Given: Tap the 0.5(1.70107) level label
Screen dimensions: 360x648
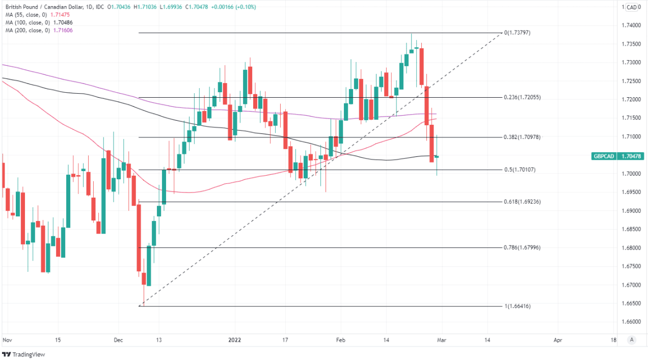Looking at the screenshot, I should (x=520, y=170).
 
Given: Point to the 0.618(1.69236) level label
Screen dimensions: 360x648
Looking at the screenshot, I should (x=522, y=202).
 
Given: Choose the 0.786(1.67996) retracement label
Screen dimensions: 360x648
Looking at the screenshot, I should (x=522, y=247).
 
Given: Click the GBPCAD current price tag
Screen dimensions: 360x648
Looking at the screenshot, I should (x=617, y=156).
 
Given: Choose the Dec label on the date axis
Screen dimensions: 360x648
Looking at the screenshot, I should (x=118, y=340).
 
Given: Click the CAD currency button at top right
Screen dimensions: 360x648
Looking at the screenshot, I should (x=631, y=7).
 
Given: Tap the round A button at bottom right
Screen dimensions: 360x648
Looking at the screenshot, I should (x=632, y=340).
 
